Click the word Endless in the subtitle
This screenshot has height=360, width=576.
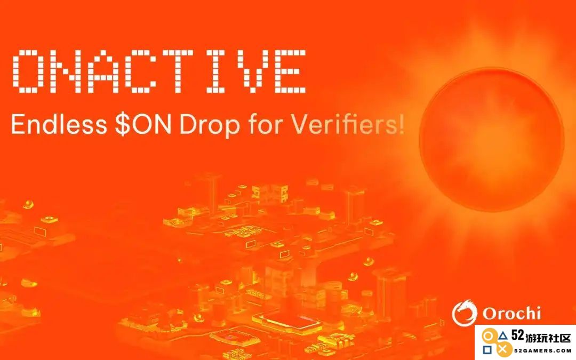[x=59, y=124]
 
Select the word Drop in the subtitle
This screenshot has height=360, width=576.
[x=210, y=126]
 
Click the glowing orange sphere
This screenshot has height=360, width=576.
[x=492, y=139]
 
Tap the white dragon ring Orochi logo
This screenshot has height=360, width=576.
[x=465, y=313]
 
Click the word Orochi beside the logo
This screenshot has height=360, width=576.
[x=511, y=314]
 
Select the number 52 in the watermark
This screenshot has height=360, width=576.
[x=517, y=335]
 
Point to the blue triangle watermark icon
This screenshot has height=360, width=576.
[x=503, y=336]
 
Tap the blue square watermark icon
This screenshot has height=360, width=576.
[x=487, y=350]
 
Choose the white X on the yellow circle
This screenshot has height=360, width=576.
[x=503, y=350]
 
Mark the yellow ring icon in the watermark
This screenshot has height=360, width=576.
[x=487, y=336]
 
